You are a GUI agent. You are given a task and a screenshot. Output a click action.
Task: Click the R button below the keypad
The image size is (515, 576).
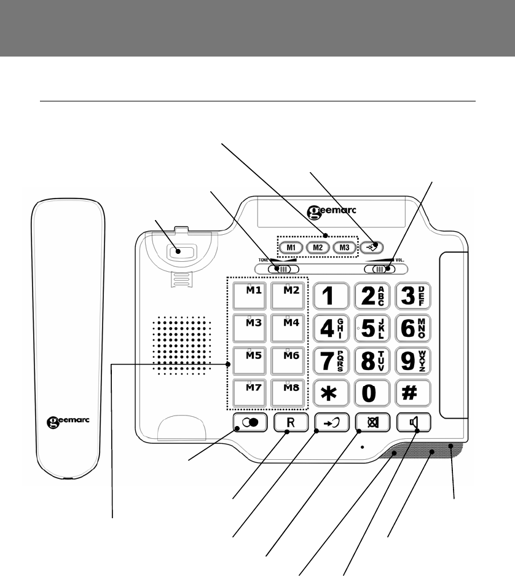289,424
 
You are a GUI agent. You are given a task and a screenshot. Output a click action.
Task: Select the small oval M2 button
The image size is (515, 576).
316,248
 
